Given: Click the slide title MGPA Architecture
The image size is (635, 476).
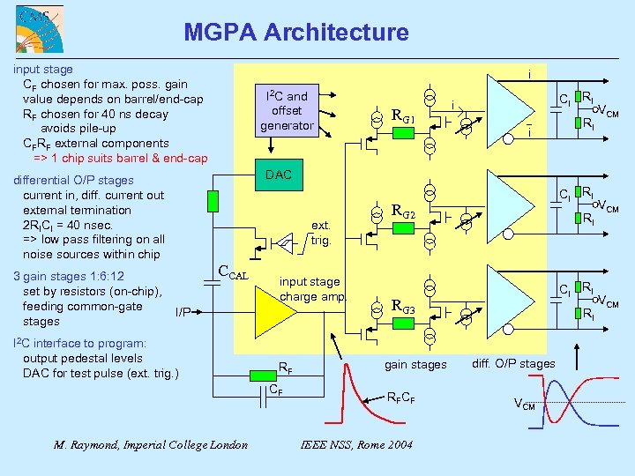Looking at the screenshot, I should click(296, 33).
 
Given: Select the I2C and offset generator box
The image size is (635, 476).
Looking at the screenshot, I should click(287, 111).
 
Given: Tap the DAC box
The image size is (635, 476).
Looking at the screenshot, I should click(278, 175).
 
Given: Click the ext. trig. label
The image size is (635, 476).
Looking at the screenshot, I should click(320, 233).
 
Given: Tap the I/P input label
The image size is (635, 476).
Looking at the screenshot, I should click(183, 310).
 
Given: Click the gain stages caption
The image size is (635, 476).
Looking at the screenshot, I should click(415, 364).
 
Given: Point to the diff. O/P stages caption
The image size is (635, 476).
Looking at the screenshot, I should click(513, 363).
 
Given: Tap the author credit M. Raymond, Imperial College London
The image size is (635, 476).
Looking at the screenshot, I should click(151, 444).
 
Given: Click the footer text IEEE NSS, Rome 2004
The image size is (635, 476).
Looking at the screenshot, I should click(356, 444).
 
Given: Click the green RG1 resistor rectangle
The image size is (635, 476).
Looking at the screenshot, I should click(402, 132).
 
